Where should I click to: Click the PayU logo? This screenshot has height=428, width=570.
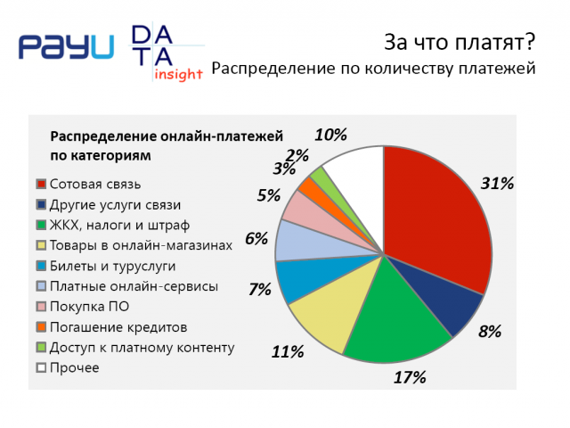click(x=66, y=46)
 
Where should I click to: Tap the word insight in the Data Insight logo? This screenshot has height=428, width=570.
click(x=178, y=74)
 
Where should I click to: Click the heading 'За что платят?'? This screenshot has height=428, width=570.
click(x=460, y=42)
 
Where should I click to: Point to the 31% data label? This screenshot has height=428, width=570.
click(x=497, y=183)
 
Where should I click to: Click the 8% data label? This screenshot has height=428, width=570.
click(x=490, y=332)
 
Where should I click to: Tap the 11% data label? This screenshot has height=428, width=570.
click(x=288, y=352)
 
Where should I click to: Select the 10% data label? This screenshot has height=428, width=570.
click(x=330, y=135)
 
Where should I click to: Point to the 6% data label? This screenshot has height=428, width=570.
click(x=256, y=239)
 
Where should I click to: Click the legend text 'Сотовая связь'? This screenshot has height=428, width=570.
click(x=95, y=185)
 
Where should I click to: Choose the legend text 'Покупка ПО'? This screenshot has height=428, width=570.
click(x=89, y=307)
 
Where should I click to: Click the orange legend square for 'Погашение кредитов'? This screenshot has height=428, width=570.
click(x=41, y=327)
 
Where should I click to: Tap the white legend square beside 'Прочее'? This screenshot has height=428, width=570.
click(x=41, y=367)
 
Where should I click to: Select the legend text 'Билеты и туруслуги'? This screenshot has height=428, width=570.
click(x=113, y=266)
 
